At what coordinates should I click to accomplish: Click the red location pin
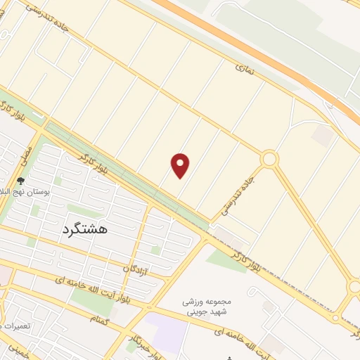coord(181,165)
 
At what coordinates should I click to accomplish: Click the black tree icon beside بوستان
coord(20,181)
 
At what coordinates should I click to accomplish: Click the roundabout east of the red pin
coord(269,160)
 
